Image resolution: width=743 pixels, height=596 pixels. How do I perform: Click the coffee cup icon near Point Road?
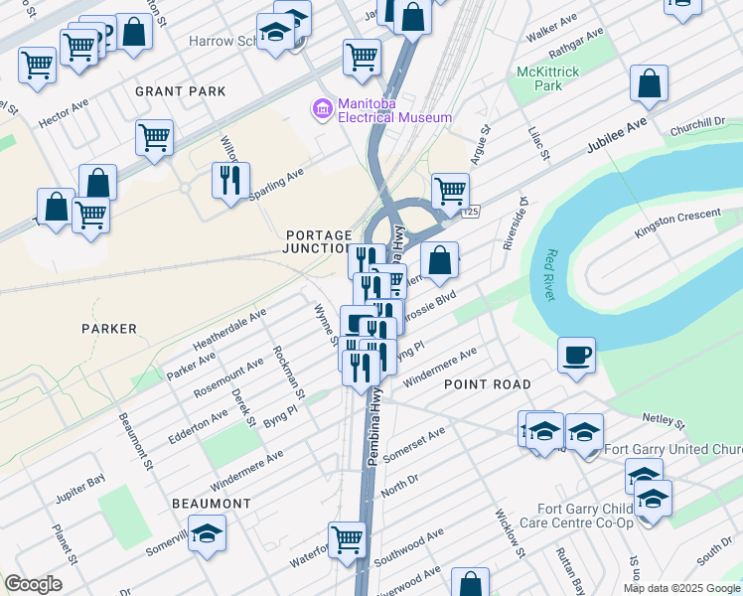click(x=576, y=355)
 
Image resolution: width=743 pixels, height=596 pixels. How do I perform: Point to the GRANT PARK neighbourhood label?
click(x=181, y=91)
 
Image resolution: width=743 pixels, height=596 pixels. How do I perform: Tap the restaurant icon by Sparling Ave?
click(x=230, y=181)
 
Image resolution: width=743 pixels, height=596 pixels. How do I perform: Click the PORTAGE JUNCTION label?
click(x=319, y=241)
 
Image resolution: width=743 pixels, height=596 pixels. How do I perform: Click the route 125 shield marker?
click(x=471, y=212)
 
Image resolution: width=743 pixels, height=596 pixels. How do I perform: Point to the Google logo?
click(x=33, y=584)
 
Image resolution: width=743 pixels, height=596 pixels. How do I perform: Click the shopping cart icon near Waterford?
click(x=347, y=540)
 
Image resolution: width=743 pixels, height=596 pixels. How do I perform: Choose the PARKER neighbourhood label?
click(x=110, y=329)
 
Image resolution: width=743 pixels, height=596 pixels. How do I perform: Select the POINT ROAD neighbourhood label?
click(x=487, y=383)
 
